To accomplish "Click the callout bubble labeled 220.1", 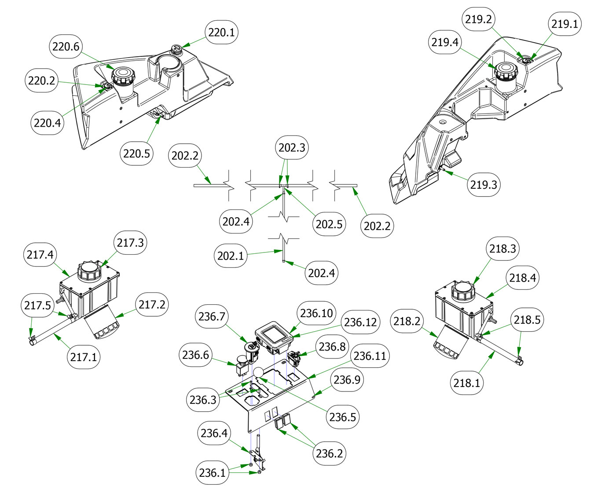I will (222, 33).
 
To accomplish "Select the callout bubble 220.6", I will (66, 47).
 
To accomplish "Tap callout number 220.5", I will (137, 154).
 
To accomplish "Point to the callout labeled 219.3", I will (484, 184).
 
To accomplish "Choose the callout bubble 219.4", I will (445, 42).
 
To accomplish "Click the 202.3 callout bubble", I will (292, 147).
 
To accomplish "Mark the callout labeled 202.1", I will (231, 256).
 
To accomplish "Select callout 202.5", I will (329, 224).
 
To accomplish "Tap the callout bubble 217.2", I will (152, 304).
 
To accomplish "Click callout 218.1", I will (467, 383).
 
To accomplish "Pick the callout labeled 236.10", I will (316, 313).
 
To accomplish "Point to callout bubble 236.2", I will (329, 453).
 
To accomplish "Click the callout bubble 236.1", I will (212, 473).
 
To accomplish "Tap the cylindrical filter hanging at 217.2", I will (102, 325).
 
